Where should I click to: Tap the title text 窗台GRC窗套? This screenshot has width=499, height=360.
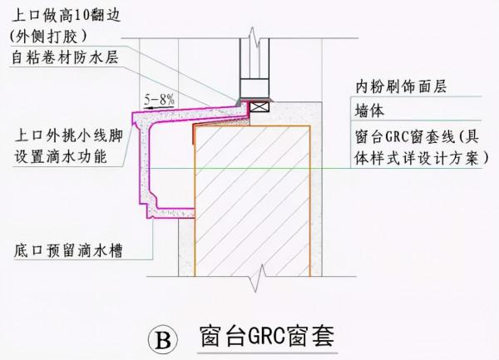[x=266, y=337]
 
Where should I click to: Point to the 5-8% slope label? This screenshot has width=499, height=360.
[x=157, y=99]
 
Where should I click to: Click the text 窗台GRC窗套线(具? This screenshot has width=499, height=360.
[x=415, y=136]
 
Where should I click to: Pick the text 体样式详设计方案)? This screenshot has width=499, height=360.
[x=416, y=158]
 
